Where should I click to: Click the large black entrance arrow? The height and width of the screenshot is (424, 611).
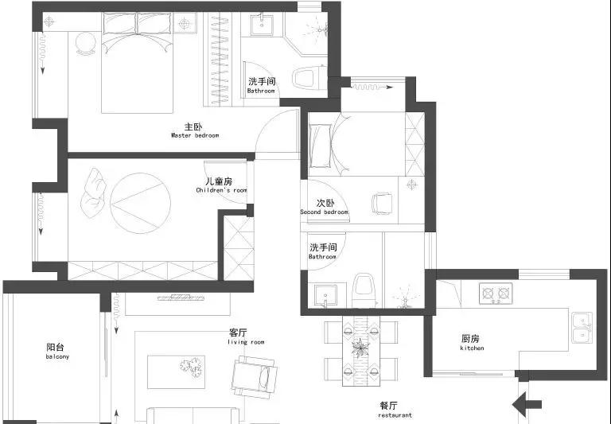pos(527,405)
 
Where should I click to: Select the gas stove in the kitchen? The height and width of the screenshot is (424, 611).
pos(496,293)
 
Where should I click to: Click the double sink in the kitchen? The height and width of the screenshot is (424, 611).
pos(582,328)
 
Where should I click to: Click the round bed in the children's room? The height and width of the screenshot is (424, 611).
pos(140,204)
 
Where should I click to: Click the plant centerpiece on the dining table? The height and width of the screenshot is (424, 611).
pos(360,347)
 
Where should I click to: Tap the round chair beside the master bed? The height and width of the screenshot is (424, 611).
pos(86,44)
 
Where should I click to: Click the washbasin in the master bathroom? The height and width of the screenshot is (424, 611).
pos(262,24)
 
